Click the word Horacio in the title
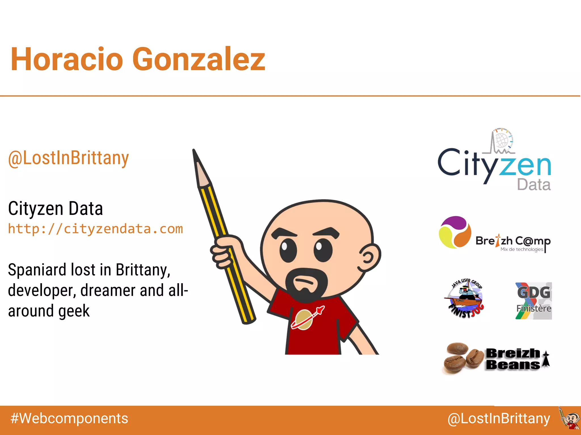pyautogui.click(x=67, y=59)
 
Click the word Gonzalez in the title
pyautogui.click(x=199, y=59)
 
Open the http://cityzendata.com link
pyautogui.click(x=95, y=229)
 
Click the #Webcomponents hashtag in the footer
pyautogui.click(x=69, y=419)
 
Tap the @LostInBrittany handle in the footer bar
pyautogui.click(x=499, y=419)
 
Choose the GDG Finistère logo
pyautogui.click(x=533, y=301)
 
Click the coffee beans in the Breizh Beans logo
pyautogui.click(x=462, y=358)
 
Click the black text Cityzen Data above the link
pyautogui.click(x=56, y=208)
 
